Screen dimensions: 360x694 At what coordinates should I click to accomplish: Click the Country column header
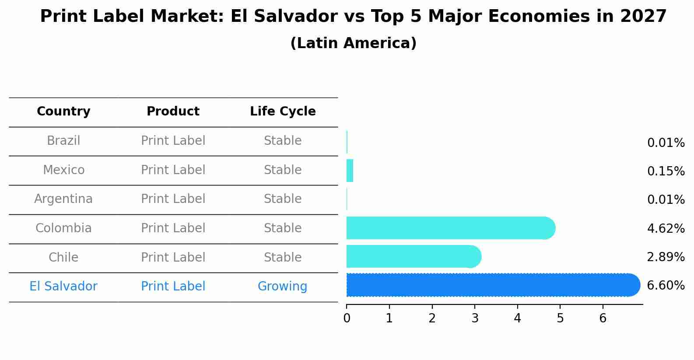63,112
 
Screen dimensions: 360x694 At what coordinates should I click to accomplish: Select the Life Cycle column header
283,112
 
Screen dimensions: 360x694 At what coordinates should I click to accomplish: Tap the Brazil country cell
63,141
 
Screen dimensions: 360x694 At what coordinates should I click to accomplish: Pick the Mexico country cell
63,170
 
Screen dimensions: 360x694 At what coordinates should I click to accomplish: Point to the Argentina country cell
63,199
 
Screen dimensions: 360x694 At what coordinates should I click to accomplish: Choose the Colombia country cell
63,228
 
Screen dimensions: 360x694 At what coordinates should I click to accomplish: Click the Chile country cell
63,258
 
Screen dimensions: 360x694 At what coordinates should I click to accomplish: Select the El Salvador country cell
63,287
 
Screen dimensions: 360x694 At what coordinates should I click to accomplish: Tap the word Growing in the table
282,287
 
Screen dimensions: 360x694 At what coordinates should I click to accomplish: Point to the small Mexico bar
350,171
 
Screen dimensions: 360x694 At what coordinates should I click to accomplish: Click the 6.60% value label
666,286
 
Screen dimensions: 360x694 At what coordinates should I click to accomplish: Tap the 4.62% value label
666,228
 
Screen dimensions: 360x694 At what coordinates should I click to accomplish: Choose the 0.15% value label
666,171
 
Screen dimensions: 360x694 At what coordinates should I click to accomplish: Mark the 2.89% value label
666,257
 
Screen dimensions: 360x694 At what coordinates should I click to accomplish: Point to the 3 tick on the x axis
475,318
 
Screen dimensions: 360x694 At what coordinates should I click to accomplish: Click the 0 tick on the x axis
347,318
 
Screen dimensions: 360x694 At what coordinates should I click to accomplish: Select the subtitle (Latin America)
353,43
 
